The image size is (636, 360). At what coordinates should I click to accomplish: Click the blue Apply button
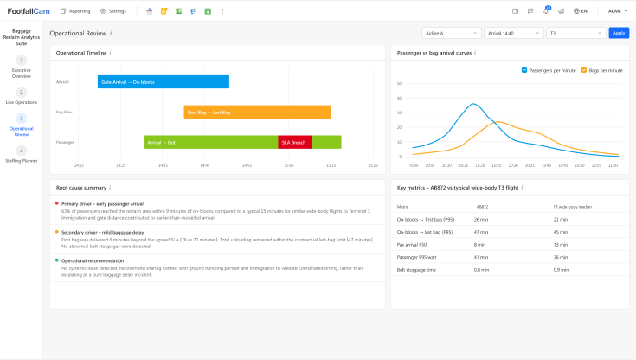[x=619, y=33]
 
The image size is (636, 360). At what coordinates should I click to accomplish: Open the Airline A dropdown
[x=450, y=33]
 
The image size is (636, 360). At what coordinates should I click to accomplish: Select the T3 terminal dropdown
[x=575, y=33]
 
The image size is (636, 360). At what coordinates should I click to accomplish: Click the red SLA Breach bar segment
[x=294, y=142]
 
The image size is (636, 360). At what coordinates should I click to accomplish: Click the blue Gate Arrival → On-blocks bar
[x=164, y=81]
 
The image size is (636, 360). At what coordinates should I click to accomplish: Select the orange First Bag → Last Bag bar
[x=257, y=112]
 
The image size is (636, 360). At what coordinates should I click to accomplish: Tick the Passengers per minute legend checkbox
[x=524, y=69]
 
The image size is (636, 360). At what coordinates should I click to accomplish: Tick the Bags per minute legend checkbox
[x=584, y=69]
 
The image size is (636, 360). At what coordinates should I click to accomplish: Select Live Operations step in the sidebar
[x=22, y=96]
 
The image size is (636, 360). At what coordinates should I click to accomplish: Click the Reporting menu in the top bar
[x=75, y=11]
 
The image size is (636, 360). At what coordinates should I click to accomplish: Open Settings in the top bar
[x=113, y=11]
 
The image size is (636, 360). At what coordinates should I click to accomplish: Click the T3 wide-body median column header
[x=573, y=207]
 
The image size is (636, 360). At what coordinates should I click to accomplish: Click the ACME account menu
[x=616, y=11]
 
